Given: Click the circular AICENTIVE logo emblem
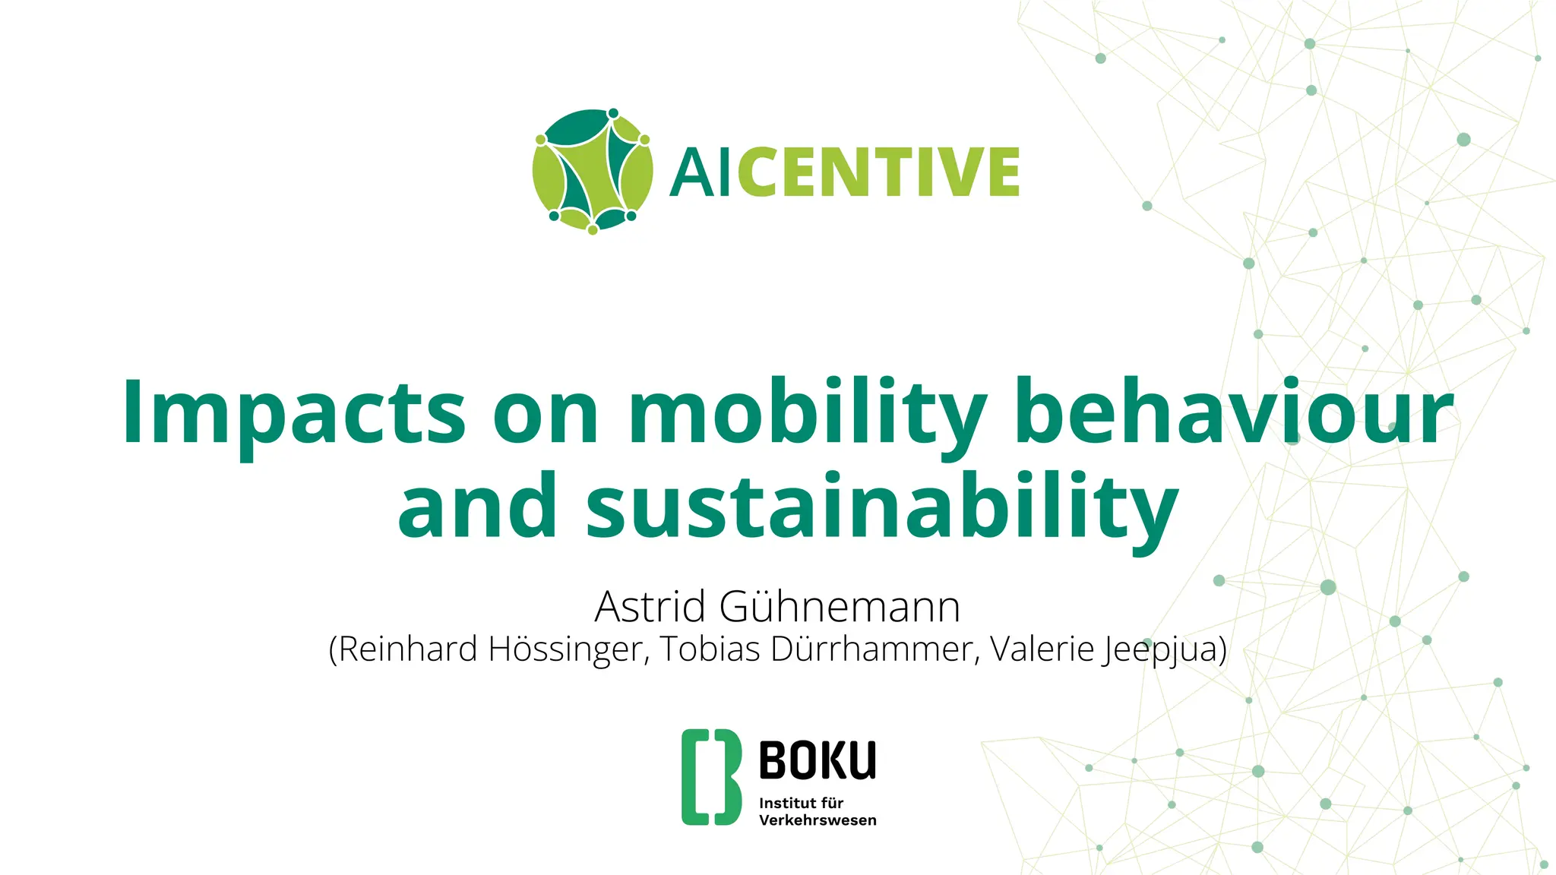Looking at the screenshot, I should pos(593,171).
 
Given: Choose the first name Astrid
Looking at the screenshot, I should pos(650,607).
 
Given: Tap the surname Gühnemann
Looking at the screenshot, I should pos(840,607).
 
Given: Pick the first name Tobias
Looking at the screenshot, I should pos(710,649).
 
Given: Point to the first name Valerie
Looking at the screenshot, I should pos(1041,649).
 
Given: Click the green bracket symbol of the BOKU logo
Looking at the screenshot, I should pos(710,777).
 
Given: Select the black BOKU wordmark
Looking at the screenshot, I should pos(818,760).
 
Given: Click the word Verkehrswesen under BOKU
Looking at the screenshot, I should pos(818,820).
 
